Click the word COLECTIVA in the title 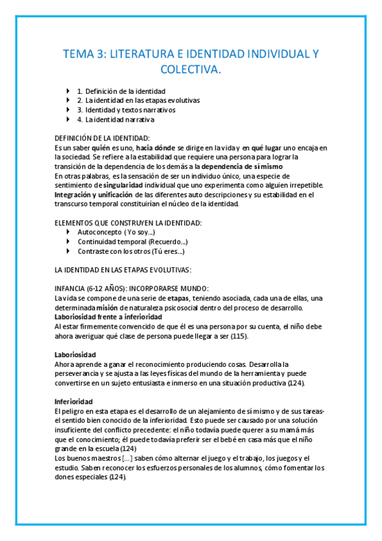[191, 69]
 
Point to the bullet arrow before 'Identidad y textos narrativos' [69, 110]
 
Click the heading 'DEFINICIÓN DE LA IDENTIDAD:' [103, 138]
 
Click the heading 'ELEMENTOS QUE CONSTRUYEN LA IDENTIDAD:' [128, 223]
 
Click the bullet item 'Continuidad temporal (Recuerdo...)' [132, 242]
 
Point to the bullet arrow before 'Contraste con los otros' [69, 251]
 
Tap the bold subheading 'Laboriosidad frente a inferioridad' [108, 317]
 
